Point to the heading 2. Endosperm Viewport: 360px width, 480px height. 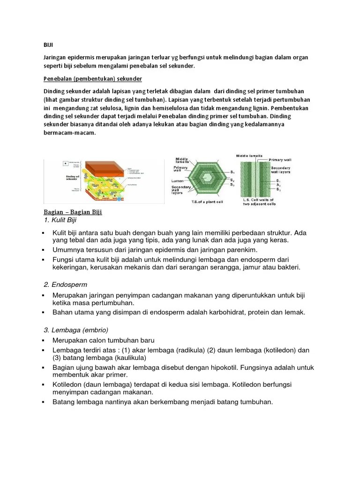point(65,285)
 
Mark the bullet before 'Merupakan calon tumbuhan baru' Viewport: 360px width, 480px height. point(42,340)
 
